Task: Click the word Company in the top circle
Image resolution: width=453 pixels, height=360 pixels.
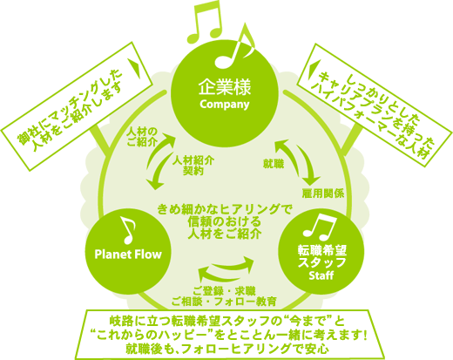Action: click(225, 105)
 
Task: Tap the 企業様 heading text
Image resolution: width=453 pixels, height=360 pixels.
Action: click(225, 87)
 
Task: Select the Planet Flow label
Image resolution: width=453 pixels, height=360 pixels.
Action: click(128, 255)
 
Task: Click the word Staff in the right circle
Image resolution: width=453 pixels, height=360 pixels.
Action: click(321, 275)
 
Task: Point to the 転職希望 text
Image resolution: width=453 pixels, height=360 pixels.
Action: click(322, 250)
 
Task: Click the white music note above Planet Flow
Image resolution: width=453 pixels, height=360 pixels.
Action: click(128, 230)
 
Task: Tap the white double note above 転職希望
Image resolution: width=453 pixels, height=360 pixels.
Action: click(319, 226)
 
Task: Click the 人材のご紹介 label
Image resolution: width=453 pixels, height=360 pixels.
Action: click(142, 137)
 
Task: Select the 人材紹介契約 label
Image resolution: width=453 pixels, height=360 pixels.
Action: click(193, 166)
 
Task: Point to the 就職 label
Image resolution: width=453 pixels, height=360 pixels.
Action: click(274, 164)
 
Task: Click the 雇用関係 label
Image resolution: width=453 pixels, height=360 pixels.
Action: click(323, 194)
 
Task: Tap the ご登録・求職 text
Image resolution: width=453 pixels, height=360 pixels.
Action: click(224, 290)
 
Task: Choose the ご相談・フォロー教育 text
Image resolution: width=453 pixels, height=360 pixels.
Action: click(224, 302)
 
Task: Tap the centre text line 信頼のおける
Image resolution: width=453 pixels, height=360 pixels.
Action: click(224, 222)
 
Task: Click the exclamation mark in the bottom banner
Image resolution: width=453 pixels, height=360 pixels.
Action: click(365, 336)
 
